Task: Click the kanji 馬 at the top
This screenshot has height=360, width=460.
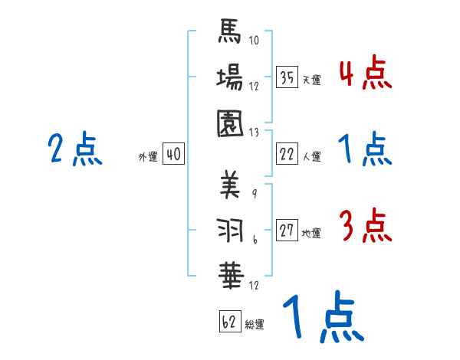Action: tap(230, 33)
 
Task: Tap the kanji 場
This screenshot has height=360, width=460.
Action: tap(230, 77)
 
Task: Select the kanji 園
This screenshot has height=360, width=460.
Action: tap(230, 122)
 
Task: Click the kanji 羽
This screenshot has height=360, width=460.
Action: tap(230, 230)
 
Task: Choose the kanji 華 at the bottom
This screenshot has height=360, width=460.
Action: tap(230, 273)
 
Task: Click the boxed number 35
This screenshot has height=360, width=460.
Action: tap(287, 78)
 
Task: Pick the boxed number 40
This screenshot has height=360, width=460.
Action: tap(173, 155)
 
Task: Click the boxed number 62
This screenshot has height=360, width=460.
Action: tap(229, 322)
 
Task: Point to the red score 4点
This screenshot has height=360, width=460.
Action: tap(365, 74)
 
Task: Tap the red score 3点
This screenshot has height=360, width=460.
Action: tap(365, 227)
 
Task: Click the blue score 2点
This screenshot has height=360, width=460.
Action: tap(74, 149)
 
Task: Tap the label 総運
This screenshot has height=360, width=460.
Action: tap(255, 325)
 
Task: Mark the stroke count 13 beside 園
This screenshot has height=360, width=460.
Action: tap(255, 131)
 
